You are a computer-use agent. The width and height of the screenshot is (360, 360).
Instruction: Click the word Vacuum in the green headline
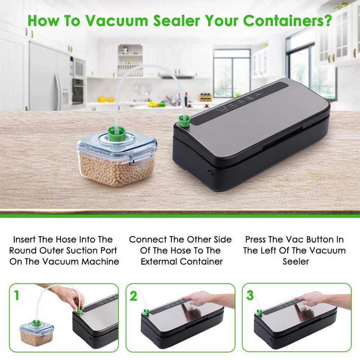(x=117, y=21)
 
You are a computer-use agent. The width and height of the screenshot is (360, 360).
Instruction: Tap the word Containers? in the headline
(x=288, y=21)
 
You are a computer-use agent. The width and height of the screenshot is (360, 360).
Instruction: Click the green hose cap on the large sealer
(x=184, y=121)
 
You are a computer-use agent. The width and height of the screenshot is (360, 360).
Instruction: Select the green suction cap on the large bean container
(x=117, y=134)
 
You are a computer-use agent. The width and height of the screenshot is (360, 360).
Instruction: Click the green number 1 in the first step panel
(x=16, y=295)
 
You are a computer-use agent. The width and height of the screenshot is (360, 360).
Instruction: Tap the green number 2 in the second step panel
(x=133, y=296)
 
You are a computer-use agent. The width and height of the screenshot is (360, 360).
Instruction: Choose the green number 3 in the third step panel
(x=250, y=295)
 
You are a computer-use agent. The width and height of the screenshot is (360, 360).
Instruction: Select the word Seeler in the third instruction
(x=296, y=261)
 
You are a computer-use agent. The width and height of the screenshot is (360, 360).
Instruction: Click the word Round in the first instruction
(x=23, y=250)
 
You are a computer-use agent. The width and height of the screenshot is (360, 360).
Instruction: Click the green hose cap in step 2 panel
(x=146, y=312)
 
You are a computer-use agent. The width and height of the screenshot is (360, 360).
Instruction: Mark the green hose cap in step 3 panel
(x=259, y=312)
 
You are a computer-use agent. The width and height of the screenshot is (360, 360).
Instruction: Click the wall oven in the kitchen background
(x=78, y=91)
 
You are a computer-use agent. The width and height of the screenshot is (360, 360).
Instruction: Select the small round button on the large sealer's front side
(x=210, y=173)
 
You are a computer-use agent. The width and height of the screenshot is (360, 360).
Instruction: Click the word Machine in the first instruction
(x=100, y=261)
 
